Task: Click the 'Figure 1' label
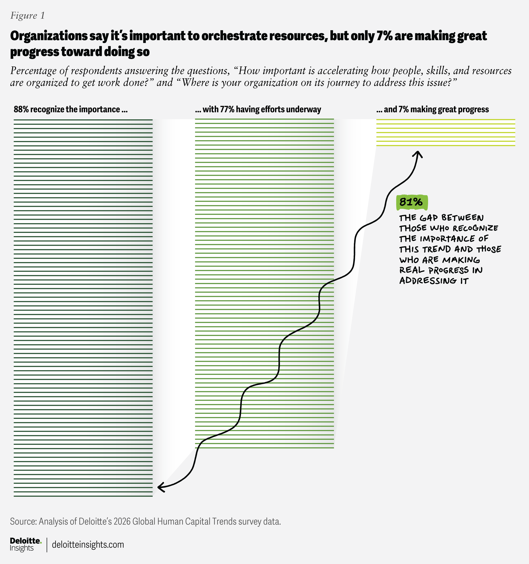coord(27,16)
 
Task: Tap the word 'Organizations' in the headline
coord(49,36)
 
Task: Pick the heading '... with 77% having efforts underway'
coord(258,109)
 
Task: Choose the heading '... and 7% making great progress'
coord(432,109)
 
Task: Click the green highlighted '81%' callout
coord(411,202)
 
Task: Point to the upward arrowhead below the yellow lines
coord(418,154)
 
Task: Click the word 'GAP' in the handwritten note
coord(429,218)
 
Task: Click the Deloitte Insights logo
coord(25,544)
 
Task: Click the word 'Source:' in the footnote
coord(23,521)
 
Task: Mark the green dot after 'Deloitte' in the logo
coord(41,542)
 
